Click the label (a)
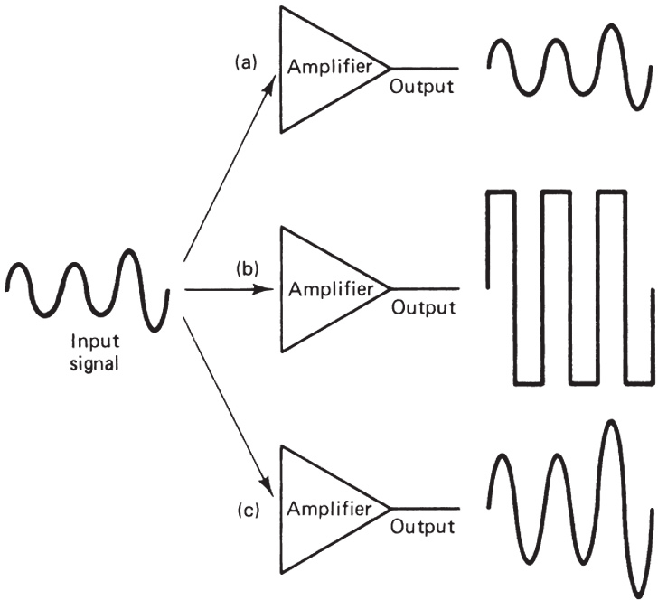[245, 62]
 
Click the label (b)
[247, 268]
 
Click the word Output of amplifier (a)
[421, 87]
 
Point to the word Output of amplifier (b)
[421, 308]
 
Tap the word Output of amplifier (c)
[421, 527]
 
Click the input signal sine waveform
[87, 286]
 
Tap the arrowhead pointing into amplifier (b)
[268, 290]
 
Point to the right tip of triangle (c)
[390, 508]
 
